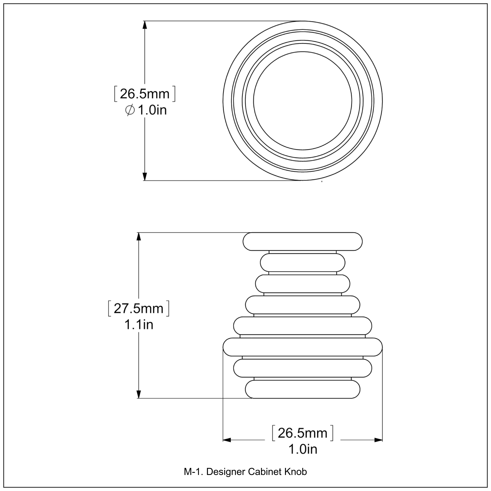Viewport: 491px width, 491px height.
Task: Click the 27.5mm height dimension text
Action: point(138,309)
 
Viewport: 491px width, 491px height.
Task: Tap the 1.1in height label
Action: point(138,325)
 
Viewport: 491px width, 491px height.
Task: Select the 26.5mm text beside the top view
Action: point(145,94)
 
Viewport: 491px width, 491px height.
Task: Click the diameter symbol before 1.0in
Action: point(130,110)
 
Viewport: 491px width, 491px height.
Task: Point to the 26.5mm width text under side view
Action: point(302,433)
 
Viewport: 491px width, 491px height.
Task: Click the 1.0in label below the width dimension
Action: point(303,449)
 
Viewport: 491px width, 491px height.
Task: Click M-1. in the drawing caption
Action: point(193,472)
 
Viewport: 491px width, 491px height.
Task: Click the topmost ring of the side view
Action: point(302,241)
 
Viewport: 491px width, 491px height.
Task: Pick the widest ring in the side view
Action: point(302,347)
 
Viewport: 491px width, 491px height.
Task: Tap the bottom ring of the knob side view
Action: point(302,389)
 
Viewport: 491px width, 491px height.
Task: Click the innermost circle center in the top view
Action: point(302,101)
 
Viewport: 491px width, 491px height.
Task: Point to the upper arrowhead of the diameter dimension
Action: point(145,25)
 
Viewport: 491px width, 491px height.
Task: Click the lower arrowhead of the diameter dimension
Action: point(145,176)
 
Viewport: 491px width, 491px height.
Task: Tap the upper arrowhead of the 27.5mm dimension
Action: point(138,236)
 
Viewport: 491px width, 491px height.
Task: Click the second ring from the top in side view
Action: point(302,263)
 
